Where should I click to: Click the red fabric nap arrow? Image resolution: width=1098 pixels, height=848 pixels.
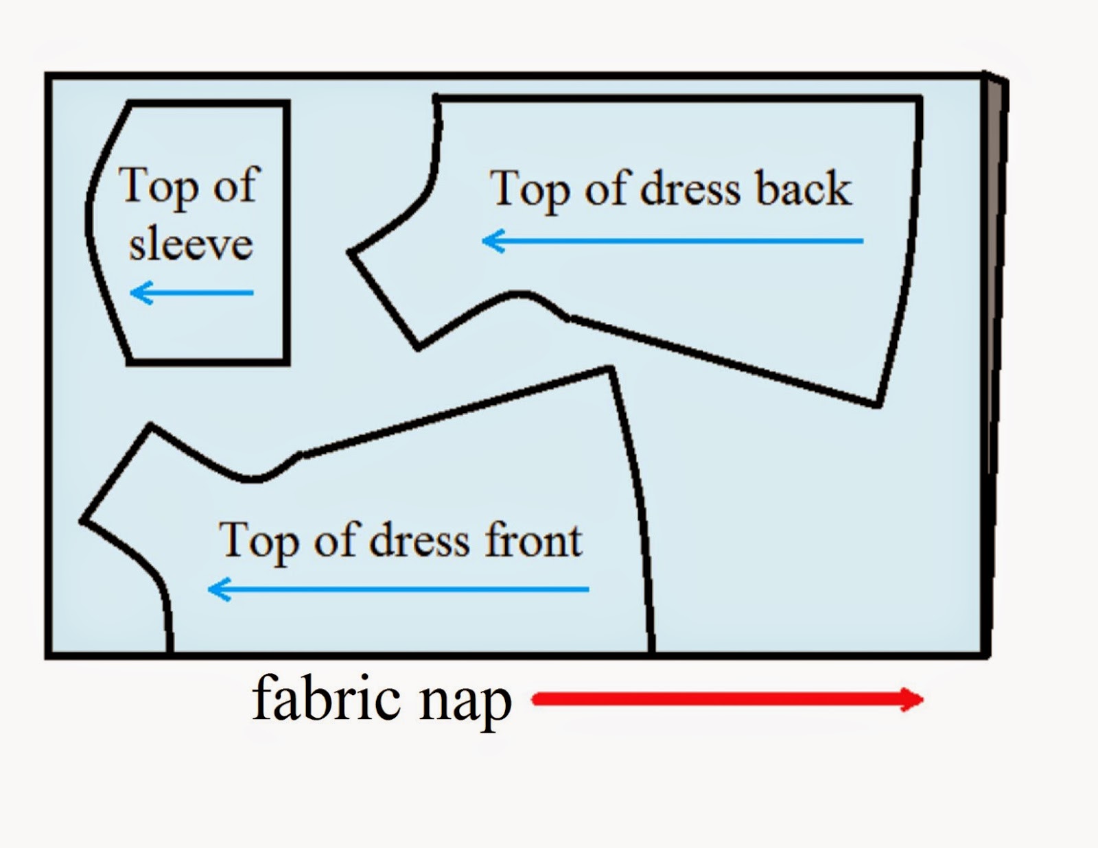721,700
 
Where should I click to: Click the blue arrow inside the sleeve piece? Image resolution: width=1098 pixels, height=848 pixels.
191,293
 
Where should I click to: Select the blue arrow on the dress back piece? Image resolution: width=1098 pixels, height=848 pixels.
673,241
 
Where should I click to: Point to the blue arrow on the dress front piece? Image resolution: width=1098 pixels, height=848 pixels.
398,589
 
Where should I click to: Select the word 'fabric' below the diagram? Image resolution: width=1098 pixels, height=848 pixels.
326,700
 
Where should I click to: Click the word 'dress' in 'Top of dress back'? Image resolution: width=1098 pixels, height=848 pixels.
690,189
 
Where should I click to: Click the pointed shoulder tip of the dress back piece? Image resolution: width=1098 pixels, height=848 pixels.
351,252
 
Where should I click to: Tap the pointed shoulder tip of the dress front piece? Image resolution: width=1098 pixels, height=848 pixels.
82,521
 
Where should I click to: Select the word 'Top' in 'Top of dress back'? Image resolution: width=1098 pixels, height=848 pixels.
528,190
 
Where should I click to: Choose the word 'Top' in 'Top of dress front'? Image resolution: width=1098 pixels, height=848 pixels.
258,542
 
